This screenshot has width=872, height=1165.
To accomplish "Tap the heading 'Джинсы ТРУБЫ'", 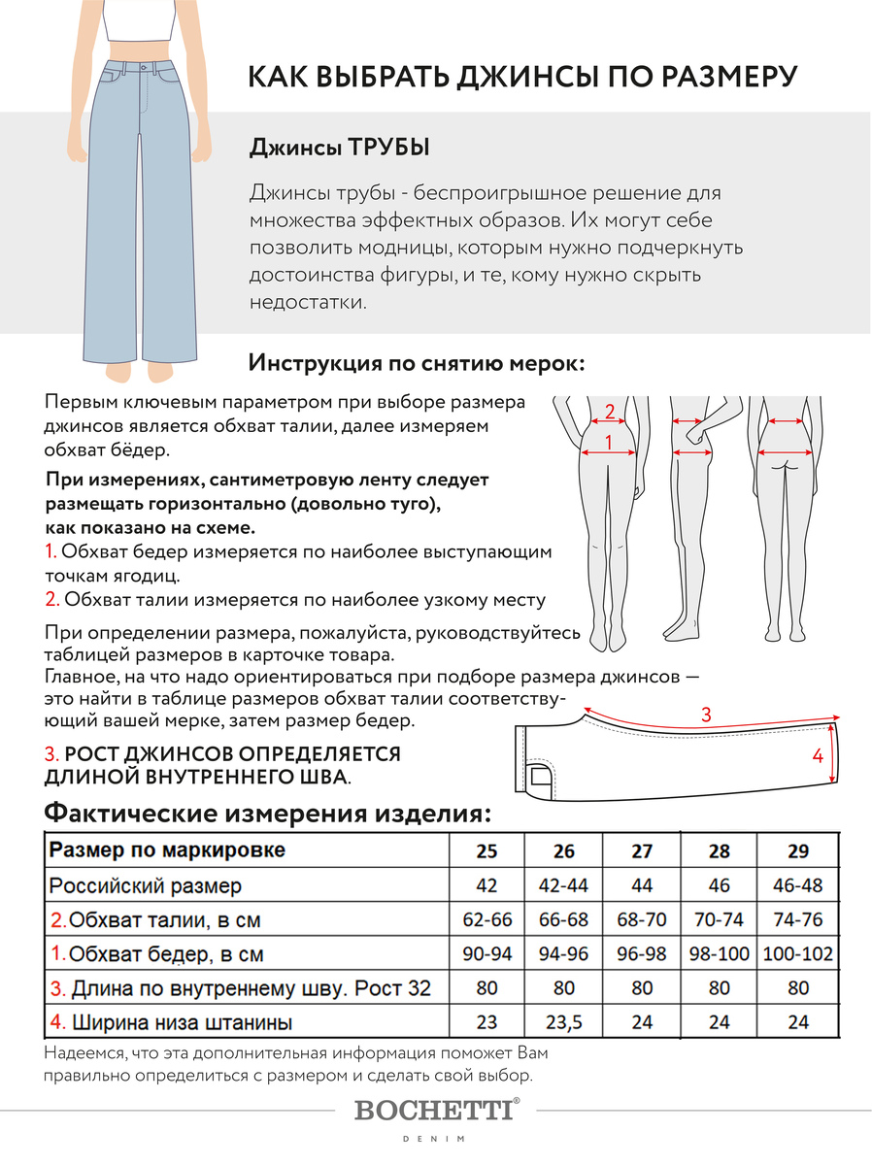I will [x=340, y=148].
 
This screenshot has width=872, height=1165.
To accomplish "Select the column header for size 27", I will [x=642, y=851].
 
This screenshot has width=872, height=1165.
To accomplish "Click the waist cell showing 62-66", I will [x=486, y=919].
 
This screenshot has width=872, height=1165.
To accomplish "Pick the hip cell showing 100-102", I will [x=798, y=953].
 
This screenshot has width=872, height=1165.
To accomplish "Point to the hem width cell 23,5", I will [x=564, y=1021].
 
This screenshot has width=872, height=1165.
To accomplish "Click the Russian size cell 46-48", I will [x=798, y=885].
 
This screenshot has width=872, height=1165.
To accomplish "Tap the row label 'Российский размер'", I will [x=146, y=885].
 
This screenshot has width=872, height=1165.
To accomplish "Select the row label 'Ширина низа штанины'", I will [x=171, y=1021].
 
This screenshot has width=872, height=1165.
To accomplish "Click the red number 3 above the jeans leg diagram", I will [x=706, y=715].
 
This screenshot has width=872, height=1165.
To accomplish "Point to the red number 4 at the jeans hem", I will [x=818, y=754].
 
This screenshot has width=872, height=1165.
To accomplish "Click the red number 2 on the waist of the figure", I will [x=610, y=411].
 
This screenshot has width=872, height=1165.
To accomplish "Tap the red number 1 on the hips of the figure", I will [x=608, y=443].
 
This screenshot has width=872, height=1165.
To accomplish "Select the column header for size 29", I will [x=798, y=851].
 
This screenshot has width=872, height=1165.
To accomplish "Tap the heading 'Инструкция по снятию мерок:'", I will [x=418, y=363].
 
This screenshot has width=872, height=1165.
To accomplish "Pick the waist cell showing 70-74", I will [x=720, y=919].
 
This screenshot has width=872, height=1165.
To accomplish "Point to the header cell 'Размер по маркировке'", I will [x=167, y=850].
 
